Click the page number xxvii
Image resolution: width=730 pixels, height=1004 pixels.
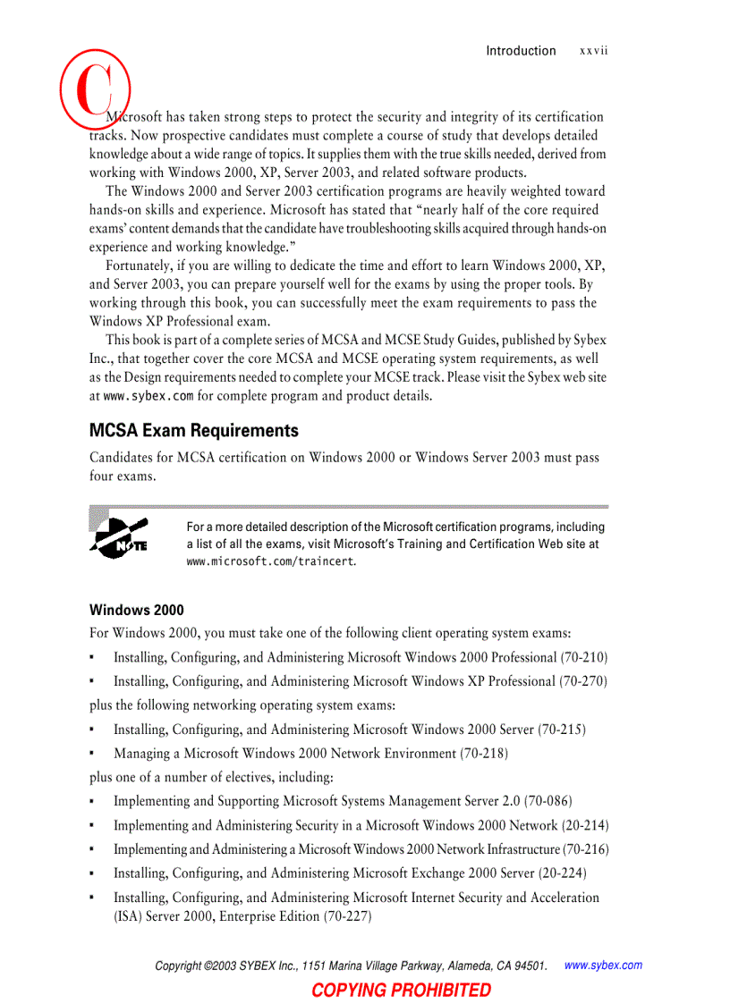click(x=593, y=51)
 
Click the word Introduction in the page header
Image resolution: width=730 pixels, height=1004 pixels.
click(x=521, y=51)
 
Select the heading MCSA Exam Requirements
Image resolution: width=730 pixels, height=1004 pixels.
click(x=194, y=431)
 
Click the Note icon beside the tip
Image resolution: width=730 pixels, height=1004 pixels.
click(x=119, y=536)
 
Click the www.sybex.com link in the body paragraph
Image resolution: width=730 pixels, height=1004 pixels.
click(x=149, y=396)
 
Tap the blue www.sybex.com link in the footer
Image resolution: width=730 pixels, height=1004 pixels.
click(x=604, y=966)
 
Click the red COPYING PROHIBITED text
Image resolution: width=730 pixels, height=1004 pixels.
click(x=401, y=990)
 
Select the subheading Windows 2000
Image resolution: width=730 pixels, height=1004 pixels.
click(x=136, y=611)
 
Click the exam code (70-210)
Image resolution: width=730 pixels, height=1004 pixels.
click(x=583, y=657)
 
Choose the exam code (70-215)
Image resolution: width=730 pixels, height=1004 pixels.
click(x=562, y=730)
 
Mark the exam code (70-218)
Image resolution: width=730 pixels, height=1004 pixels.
click(x=484, y=754)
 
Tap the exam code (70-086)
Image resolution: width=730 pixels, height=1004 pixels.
click(x=547, y=801)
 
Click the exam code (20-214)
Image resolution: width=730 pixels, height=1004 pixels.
click(x=584, y=825)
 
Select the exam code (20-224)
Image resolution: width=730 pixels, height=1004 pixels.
click(x=563, y=873)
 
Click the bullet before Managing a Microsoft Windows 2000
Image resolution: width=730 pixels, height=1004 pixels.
click(x=93, y=754)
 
